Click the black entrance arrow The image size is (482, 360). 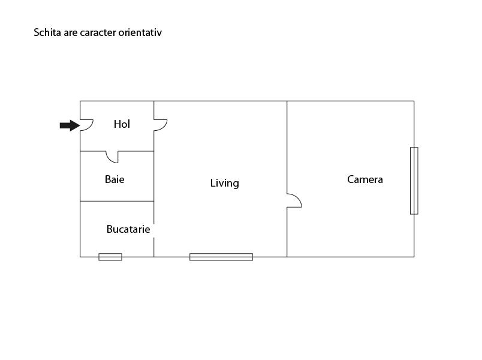pyautogui.click(x=69, y=125)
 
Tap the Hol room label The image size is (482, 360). pyautogui.click(x=122, y=124)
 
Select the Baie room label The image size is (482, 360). pyautogui.click(x=115, y=179)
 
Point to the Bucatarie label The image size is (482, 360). pyautogui.click(x=128, y=229)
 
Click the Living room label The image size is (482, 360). pyautogui.click(x=224, y=183)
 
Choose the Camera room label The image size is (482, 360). pyautogui.click(x=364, y=179)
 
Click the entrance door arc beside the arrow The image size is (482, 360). pyautogui.click(x=86, y=124)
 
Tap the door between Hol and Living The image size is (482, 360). pyautogui.click(x=160, y=125)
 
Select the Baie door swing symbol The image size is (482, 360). pyautogui.click(x=112, y=157)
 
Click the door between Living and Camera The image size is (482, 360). pyautogui.click(x=294, y=200)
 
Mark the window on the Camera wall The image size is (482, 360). pyautogui.click(x=414, y=180)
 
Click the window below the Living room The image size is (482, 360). pyautogui.click(x=221, y=257)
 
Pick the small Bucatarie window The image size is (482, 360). pyautogui.click(x=110, y=257)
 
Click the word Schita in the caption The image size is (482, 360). pyautogui.click(x=47, y=32)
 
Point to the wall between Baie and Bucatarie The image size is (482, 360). pyautogui.click(x=117, y=201)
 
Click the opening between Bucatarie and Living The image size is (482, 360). pyautogui.click(x=154, y=230)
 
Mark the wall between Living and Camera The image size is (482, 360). pyautogui.click(x=287, y=150)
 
